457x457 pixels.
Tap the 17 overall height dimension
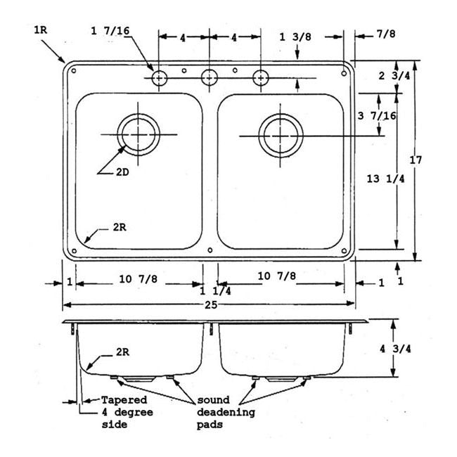point(416,160)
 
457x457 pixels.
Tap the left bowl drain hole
point(139,133)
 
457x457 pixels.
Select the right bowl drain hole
point(280,134)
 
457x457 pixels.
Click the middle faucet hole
point(210,77)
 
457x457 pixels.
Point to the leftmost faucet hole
point(160,77)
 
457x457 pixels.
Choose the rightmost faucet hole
point(261,77)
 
